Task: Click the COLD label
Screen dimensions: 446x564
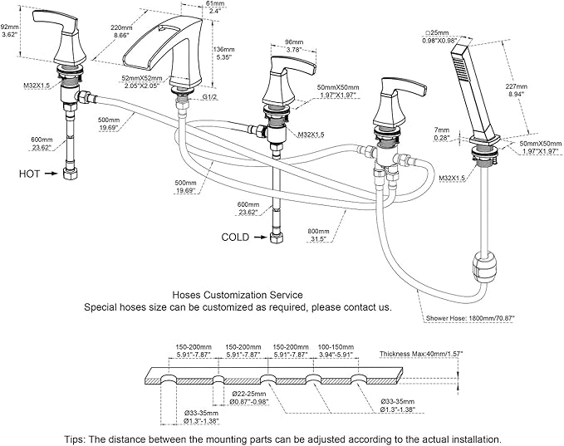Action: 234,238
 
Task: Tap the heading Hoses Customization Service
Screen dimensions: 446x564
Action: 237,294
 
